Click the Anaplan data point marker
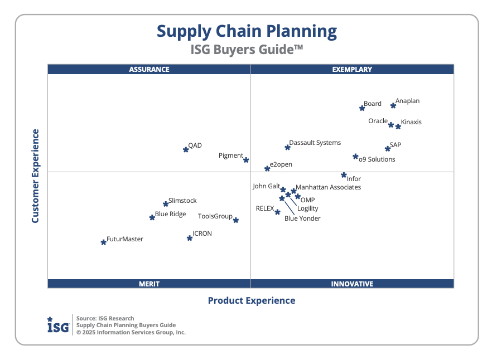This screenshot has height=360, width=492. [x=393, y=105]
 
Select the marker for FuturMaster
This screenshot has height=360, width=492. [x=103, y=242]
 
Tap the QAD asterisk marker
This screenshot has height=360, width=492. [x=186, y=149]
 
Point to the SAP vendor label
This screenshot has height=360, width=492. [x=395, y=145]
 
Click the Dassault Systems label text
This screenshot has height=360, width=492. [x=315, y=143]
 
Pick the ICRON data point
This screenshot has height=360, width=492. [x=190, y=238]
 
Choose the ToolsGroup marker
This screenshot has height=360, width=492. [x=236, y=220]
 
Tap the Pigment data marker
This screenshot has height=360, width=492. [x=246, y=160]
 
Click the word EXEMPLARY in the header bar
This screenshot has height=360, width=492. [x=352, y=70]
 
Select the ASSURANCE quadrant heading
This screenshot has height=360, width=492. [x=149, y=70]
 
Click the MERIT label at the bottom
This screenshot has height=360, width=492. [x=149, y=284]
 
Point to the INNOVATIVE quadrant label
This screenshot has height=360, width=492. [x=352, y=284]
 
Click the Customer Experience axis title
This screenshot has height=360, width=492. [x=35, y=176]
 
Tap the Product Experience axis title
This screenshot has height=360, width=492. [x=252, y=300]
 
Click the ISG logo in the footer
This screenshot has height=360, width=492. [x=58, y=325]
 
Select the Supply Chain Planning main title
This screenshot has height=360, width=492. [x=247, y=31]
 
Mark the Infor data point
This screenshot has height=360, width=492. [x=344, y=175]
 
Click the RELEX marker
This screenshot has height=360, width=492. [x=277, y=212]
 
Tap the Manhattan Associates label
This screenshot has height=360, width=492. [x=328, y=187]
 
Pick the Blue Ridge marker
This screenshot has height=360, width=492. [x=152, y=217]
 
